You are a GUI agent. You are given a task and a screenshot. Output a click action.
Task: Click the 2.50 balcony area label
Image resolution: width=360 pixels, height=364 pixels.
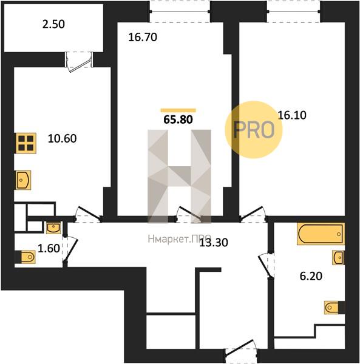tap(53, 24)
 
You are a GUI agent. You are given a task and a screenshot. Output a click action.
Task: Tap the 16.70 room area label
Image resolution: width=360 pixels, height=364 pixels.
tap(143, 38)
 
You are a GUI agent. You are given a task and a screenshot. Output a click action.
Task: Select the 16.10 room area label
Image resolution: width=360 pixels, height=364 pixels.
tap(292, 115)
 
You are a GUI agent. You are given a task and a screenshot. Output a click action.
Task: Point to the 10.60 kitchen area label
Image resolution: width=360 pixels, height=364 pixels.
tap(63, 138)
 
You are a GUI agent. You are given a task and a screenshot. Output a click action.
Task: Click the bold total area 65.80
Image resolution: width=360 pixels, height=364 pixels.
tap(178, 120)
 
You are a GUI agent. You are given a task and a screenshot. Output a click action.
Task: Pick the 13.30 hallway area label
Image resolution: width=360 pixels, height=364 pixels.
tap(214, 243)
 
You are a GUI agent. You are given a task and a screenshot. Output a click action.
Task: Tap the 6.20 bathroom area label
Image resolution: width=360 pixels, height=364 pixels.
tap(311, 276)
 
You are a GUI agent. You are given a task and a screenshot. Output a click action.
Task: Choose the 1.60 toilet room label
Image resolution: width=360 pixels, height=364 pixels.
tap(49, 248)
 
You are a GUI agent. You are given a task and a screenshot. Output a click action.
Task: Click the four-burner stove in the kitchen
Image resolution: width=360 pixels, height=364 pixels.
tap(26, 143)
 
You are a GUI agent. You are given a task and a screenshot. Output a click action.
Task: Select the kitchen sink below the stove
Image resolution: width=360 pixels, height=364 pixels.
tap(24, 180)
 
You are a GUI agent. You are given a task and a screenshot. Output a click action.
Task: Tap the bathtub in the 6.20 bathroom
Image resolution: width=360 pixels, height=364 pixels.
tap(321, 234)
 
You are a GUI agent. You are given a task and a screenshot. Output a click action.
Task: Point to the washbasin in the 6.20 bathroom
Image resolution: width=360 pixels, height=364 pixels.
tap(338, 257)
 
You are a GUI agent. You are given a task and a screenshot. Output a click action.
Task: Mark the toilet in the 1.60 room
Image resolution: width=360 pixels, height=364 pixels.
tap(25, 257)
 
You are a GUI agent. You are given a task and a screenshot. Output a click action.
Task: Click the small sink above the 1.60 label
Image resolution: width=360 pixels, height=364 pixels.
tap(53, 227)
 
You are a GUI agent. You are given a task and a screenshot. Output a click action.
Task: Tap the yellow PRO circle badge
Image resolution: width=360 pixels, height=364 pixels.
tap(254, 130)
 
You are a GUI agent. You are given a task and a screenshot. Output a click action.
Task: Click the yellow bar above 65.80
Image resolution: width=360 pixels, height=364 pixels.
tap(178, 110)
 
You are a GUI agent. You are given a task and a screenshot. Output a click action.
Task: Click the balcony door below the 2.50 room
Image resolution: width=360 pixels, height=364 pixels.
tap(79, 61)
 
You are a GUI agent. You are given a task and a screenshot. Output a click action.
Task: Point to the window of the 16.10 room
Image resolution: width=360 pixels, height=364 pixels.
tap(293, 12)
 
